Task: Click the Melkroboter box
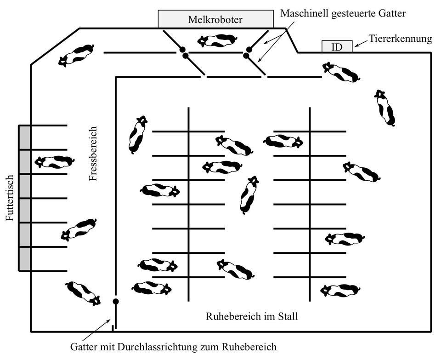(216, 19)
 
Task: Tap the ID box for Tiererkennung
(337, 46)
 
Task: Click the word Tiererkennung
(401, 39)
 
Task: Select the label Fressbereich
(93, 154)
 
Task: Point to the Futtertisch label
(10, 198)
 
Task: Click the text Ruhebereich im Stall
(252, 316)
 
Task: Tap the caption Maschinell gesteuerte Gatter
(343, 13)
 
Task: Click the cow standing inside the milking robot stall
(217, 40)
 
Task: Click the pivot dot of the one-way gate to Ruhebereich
(116, 302)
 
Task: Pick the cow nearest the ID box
(341, 72)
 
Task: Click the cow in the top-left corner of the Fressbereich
(76, 56)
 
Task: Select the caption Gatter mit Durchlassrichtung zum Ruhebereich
(173, 347)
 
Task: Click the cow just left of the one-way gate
(83, 293)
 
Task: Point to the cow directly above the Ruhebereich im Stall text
(235, 269)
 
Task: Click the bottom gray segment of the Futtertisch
(24, 259)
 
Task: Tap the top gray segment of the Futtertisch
(24, 137)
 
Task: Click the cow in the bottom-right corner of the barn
(340, 290)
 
